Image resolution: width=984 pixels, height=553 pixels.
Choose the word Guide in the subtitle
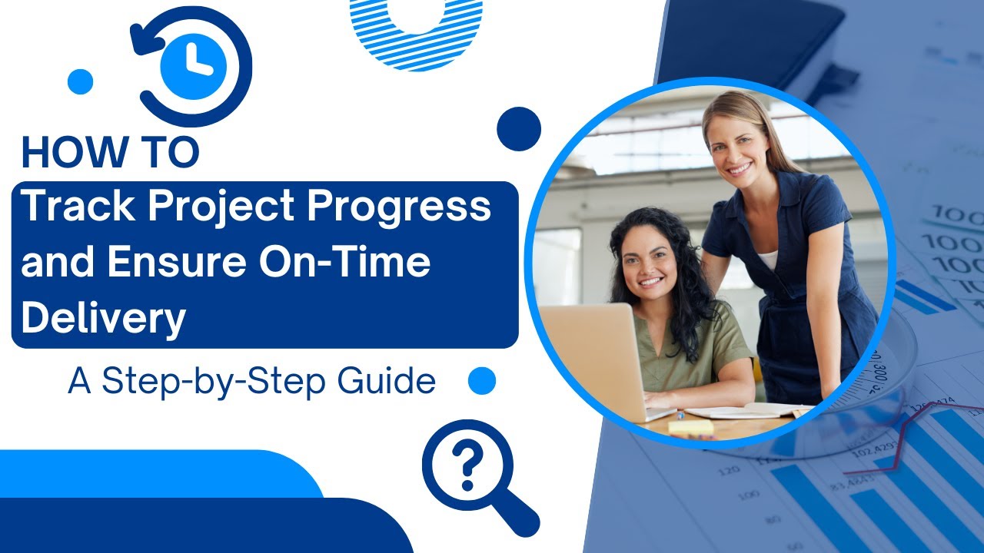click(x=387, y=382)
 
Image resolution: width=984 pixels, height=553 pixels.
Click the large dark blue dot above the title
click(x=519, y=128)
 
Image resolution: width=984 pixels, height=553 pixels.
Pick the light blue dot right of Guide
click(x=482, y=380)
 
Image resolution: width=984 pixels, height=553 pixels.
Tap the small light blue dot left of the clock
click(x=80, y=81)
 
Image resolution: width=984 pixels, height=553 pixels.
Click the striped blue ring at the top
click(x=416, y=31)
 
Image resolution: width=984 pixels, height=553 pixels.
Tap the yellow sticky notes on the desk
click(x=690, y=428)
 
